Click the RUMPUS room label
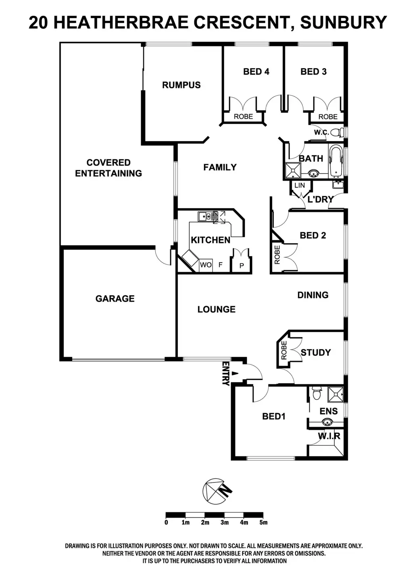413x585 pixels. (181, 85)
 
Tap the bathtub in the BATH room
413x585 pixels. (336, 161)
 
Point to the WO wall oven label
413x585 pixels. (205, 265)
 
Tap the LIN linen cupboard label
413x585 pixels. (300, 186)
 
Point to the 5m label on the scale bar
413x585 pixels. (263, 522)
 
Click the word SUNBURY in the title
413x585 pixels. (343, 23)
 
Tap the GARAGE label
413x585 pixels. (115, 299)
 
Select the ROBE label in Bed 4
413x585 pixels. (244, 117)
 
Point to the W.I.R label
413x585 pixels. (329, 436)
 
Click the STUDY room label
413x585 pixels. (315, 353)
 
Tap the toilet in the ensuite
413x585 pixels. (316, 393)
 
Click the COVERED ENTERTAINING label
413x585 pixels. (108, 168)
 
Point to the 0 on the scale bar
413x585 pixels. (166, 522)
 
